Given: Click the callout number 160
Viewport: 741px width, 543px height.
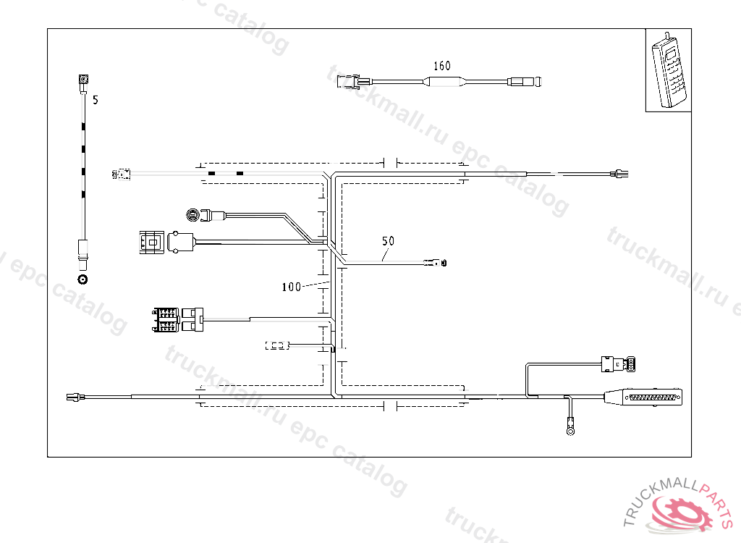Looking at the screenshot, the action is pyautogui.click(x=441, y=66).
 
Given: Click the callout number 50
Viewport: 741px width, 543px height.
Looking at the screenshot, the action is pyautogui.click(x=388, y=240).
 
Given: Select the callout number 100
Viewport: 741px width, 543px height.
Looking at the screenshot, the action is pyautogui.click(x=291, y=287).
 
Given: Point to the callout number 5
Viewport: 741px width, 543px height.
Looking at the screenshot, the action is pyautogui.click(x=95, y=101).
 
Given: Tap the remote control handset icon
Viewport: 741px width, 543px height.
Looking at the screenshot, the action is pyautogui.click(x=669, y=70).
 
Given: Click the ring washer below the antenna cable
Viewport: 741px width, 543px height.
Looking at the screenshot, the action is pyautogui.click(x=83, y=279).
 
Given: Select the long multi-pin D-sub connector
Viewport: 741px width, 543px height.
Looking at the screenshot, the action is pyautogui.click(x=643, y=397).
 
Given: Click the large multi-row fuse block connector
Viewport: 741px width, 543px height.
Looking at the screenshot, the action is pyautogui.click(x=166, y=320).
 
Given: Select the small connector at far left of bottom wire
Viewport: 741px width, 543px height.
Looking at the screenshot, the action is pyautogui.click(x=72, y=396).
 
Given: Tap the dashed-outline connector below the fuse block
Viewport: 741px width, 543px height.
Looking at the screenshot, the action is pyautogui.click(x=277, y=346).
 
